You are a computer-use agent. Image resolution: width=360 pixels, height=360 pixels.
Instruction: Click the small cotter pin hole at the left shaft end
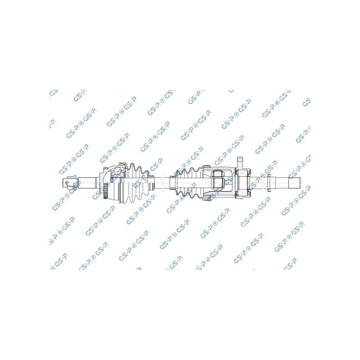(x=67, y=183)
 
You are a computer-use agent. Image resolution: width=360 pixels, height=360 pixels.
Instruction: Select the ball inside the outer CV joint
(x=118, y=171)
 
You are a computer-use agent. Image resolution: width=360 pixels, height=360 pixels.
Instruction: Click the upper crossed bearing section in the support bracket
(x=243, y=173)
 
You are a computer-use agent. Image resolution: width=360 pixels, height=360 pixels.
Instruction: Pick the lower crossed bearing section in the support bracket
(x=243, y=193)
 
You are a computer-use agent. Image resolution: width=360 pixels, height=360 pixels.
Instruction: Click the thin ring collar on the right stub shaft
(x=269, y=183)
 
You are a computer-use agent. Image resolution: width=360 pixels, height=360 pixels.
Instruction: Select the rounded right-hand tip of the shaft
(x=299, y=183)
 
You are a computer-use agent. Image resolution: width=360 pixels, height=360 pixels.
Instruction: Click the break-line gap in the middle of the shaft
(x=162, y=183)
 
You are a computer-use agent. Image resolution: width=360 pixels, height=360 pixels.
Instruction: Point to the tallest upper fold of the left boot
(x=132, y=166)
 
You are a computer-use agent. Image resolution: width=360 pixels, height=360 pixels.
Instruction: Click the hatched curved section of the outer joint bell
(x=104, y=174)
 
